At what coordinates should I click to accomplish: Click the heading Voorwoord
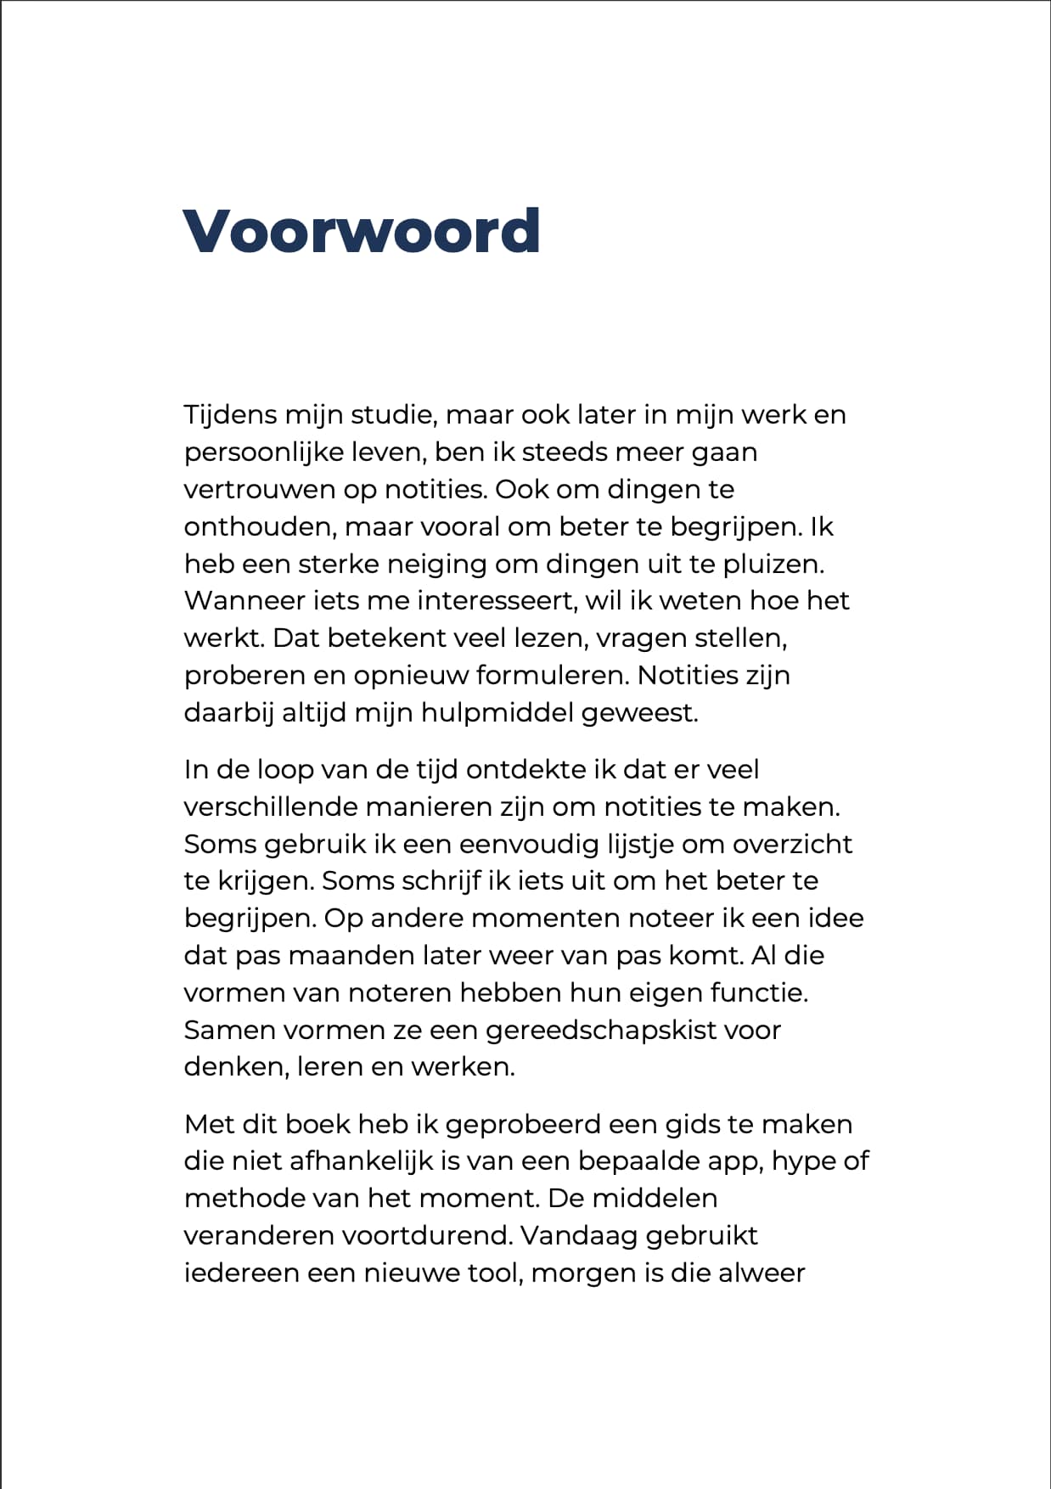point(361,231)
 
